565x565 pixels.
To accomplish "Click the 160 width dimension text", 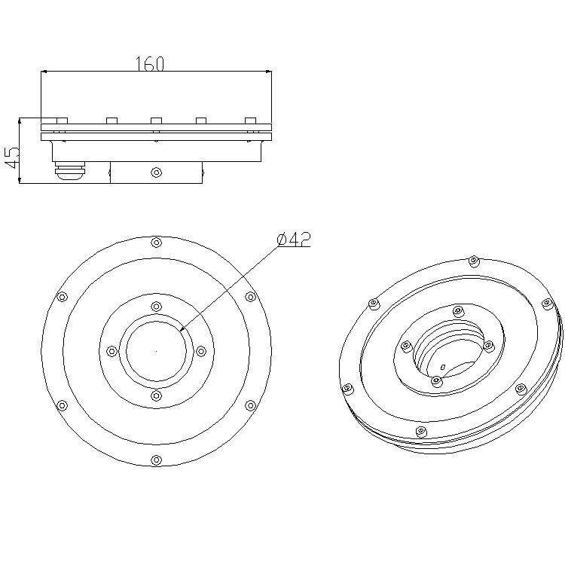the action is coord(150,63).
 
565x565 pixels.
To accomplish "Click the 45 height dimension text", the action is coord(11,157).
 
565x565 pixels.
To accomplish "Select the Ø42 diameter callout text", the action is coord(294,240).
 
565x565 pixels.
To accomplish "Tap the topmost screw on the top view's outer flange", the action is coord(156,243).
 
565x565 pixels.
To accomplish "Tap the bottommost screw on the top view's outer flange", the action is coord(156,460).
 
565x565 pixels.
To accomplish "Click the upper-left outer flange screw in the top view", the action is coord(63,297).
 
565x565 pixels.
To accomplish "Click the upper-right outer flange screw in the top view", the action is coord(250,297).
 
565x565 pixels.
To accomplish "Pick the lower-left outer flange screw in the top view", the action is coord(63,405).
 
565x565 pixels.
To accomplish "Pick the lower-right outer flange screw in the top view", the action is coord(250,405).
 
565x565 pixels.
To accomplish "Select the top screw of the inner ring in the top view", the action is coord(156,307).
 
